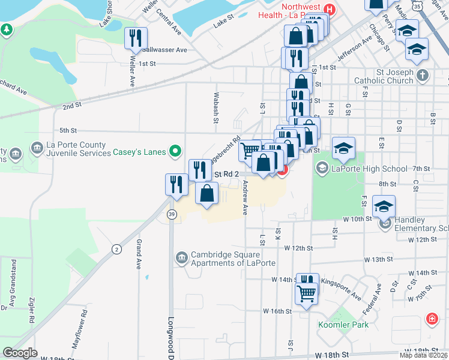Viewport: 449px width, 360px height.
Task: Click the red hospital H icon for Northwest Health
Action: (328, 10)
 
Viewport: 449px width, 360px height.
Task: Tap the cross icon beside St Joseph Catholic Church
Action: (423, 75)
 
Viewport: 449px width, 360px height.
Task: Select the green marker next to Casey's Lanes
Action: (175, 151)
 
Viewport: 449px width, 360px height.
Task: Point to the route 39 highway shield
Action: (172, 215)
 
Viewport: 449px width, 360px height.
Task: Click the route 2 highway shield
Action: (116, 248)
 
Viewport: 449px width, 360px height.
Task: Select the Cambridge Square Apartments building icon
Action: (181, 258)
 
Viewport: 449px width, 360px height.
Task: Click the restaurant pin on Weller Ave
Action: (136, 38)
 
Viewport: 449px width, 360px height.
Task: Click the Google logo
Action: (20, 352)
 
